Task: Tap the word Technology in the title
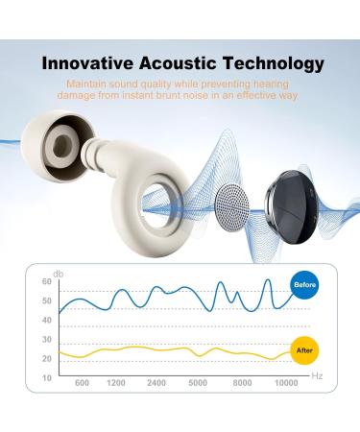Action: pyautogui.click(x=268, y=65)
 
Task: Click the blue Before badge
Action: pyautogui.click(x=304, y=285)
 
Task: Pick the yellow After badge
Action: pyautogui.click(x=304, y=350)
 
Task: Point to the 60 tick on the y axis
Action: pyautogui.click(x=46, y=281)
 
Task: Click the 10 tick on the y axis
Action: pyautogui.click(x=46, y=377)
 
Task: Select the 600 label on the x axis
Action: pyautogui.click(x=82, y=383)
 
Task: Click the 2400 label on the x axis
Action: pyautogui.click(x=156, y=383)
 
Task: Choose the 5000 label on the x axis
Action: pyautogui.click(x=198, y=383)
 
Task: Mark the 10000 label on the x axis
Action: pyautogui.click(x=285, y=383)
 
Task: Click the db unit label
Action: pyautogui.click(x=60, y=270)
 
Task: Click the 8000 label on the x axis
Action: pyautogui.click(x=242, y=383)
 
